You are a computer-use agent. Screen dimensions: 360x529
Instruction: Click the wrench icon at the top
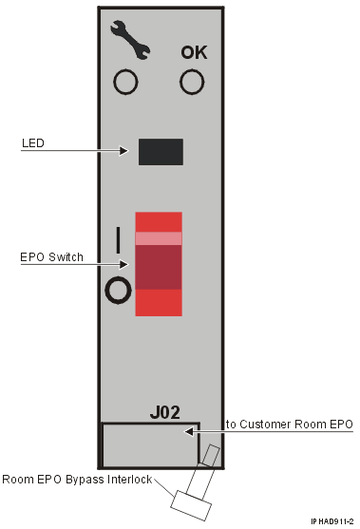(x=124, y=36)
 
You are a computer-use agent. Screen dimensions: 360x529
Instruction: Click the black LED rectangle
(x=161, y=151)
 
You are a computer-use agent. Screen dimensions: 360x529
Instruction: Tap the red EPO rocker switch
(x=158, y=263)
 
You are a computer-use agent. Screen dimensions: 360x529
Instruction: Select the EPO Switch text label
(x=52, y=257)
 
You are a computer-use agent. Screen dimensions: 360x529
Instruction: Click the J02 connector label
(x=165, y=413)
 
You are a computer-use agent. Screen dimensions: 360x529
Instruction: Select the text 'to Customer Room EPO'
(x=289, y=424)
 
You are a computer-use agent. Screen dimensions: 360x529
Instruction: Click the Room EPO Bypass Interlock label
(x=77, y=479)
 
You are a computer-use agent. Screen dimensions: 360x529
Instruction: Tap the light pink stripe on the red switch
(x=158, y=238)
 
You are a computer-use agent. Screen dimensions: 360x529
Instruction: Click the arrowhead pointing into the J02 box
(x=191, y=431)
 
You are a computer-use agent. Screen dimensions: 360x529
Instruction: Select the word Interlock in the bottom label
(x=132, y=479)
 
